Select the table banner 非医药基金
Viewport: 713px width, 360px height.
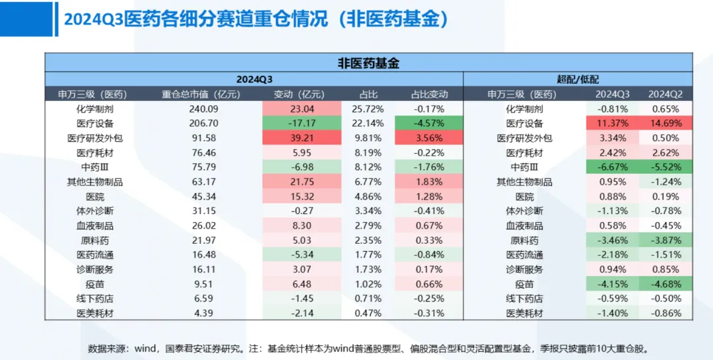point(368,63)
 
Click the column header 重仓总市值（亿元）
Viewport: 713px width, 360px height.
point(201,94)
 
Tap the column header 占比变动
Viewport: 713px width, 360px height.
point(428,94)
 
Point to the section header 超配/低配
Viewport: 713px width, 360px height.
point(578,79)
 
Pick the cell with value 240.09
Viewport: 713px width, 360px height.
point(203,109)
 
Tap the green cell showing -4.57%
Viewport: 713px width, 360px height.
point(428,124)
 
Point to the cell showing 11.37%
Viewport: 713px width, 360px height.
point(613,124)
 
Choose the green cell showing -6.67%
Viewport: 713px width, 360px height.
point(613,167)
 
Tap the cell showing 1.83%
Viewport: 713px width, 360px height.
point(428,182)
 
